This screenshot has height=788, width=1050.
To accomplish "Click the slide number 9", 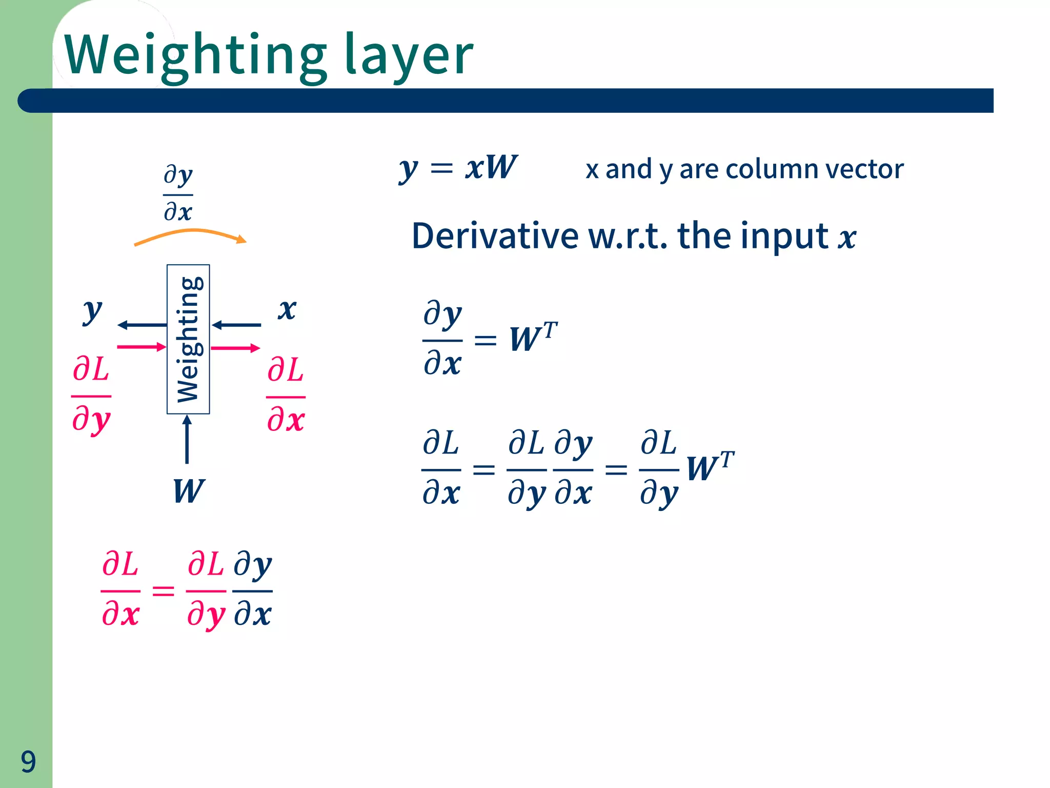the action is click(x=28, y=761).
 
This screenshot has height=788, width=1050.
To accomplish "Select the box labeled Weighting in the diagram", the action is click(x=188, y=339).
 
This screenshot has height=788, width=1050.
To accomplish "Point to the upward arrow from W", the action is click(x=187, y=439).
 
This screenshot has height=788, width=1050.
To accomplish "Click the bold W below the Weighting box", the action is click(x=189, y=491).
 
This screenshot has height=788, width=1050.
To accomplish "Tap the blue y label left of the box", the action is click(x=93, y=311).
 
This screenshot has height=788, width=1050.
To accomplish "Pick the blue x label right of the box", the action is click(x=287, y=309).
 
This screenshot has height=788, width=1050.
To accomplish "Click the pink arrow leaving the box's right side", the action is click(x=235, y=348).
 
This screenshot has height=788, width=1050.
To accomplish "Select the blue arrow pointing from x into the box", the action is click(x=236, y=325).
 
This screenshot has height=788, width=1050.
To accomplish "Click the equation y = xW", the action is click(x=458, y=168).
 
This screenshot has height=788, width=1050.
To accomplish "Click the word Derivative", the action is click(x=495, y=237).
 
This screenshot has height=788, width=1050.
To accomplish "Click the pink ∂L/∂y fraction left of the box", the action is click(x=91, y=395).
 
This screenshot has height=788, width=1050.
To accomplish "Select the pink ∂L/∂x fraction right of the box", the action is click(x=286, y=395).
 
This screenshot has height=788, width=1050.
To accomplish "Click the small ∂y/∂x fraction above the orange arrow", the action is click(x=178, y=194).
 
